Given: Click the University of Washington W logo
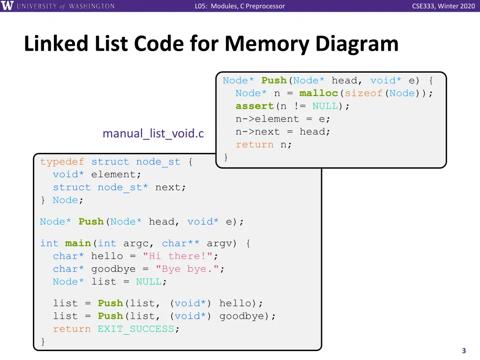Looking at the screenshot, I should pos(8,6).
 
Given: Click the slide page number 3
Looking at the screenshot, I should pos(464,351).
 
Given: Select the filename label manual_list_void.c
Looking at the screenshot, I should pos(153,134).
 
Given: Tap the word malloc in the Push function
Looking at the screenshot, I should pos(318,93).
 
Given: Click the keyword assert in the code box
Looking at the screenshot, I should pos(255,106).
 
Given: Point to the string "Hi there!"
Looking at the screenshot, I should pos(177,256).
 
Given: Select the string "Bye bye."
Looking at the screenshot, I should pos(187,269).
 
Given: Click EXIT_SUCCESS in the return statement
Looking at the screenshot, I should pos(136,329).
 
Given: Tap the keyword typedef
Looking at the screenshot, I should pos(62,162).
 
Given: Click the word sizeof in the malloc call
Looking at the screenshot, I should pos(364,93).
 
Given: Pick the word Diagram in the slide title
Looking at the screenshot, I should pos(357,44).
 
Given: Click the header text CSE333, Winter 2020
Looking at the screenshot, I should pos(443,6).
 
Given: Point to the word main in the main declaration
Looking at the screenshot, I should pos(78,243).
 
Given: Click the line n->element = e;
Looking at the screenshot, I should pos(283,119).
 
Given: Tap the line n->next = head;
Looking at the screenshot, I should pos(283,132).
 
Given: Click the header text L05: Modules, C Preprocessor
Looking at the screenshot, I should pos(240,6).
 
